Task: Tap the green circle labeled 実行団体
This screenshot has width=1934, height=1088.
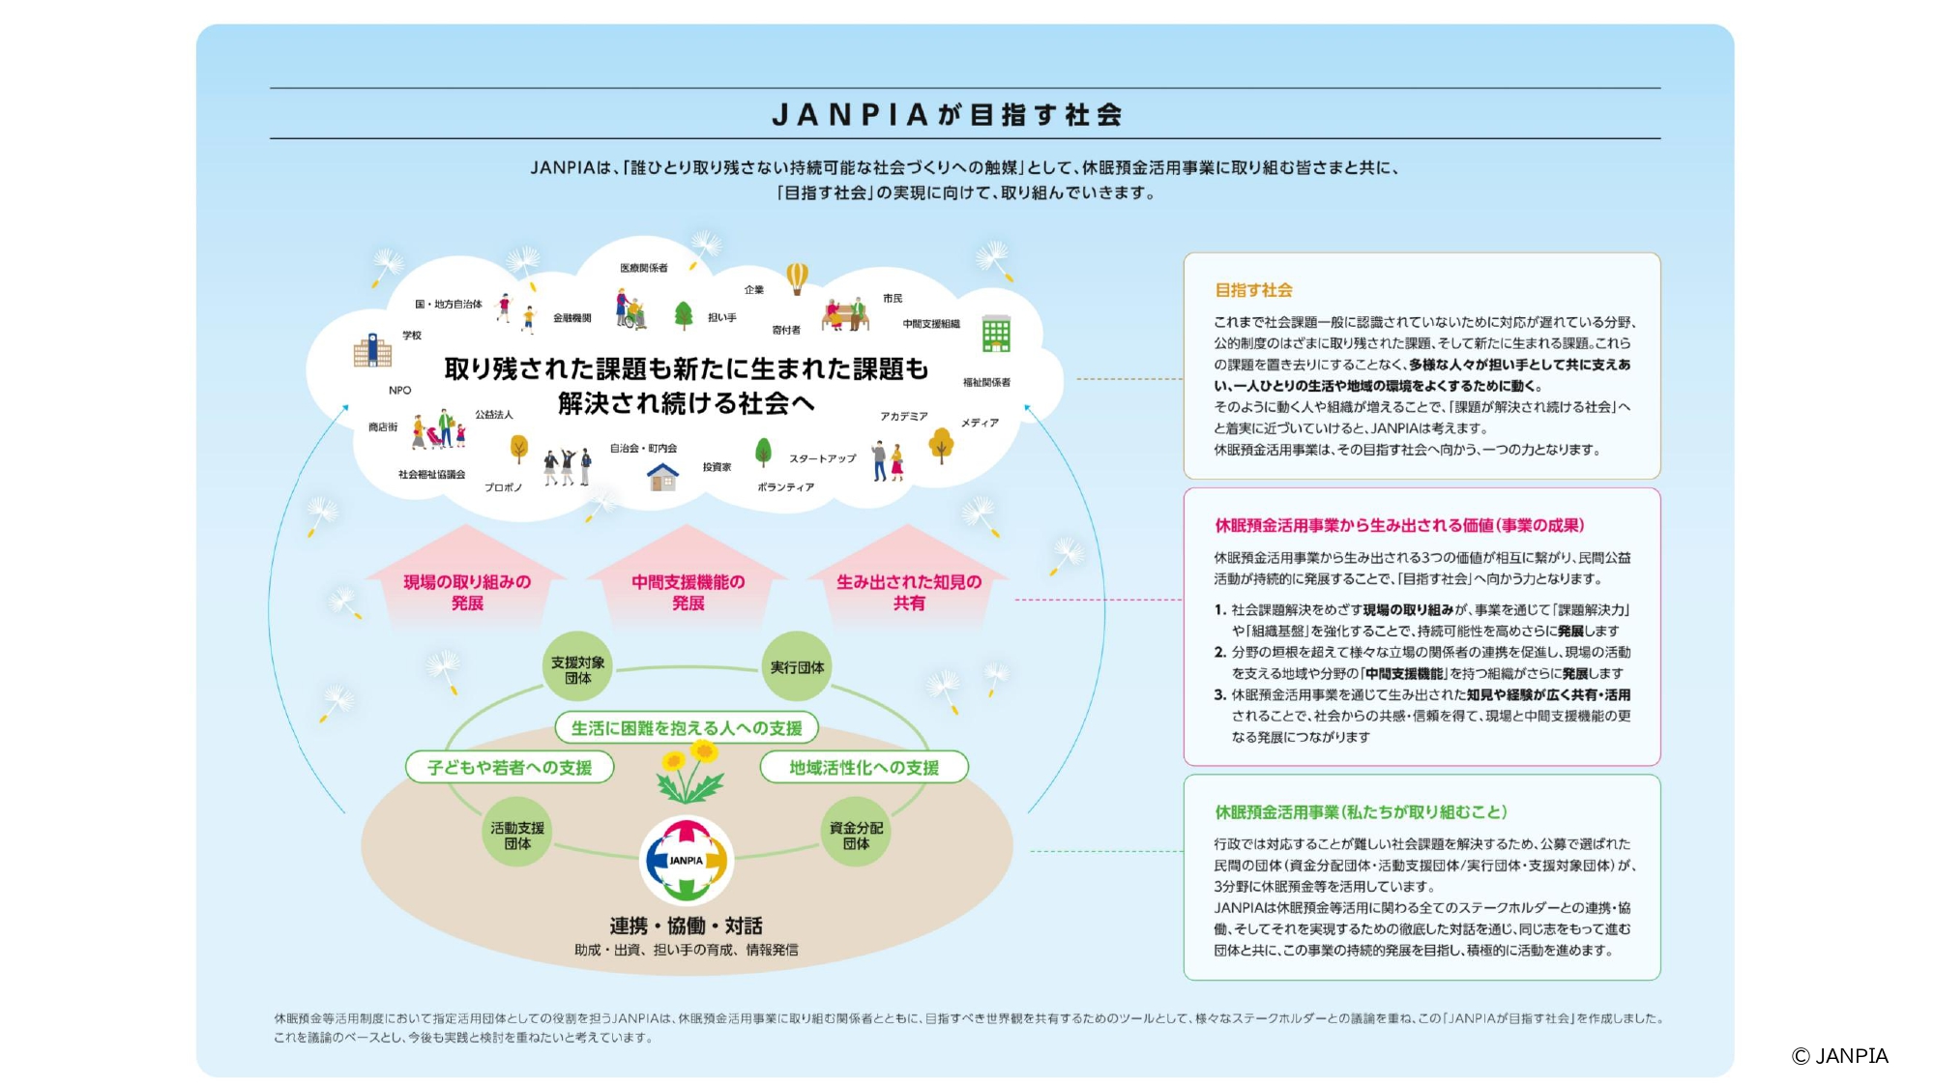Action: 797,667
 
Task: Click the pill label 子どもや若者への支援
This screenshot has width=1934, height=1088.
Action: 510,767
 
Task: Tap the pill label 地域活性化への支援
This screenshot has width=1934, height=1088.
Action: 864,767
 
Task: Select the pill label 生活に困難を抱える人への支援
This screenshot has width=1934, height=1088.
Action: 687,727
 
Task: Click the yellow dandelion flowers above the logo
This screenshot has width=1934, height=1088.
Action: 689,772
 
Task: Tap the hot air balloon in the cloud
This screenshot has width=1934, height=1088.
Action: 797,279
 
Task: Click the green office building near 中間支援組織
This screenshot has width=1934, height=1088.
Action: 996,334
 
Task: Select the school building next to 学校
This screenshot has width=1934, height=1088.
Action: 372,351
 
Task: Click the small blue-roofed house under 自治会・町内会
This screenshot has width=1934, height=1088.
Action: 662,476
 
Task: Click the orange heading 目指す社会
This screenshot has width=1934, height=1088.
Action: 1253,290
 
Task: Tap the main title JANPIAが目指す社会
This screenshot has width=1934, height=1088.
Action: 947,115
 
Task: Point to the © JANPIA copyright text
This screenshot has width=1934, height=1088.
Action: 1839,1056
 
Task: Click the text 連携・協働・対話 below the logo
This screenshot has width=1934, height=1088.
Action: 686,926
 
